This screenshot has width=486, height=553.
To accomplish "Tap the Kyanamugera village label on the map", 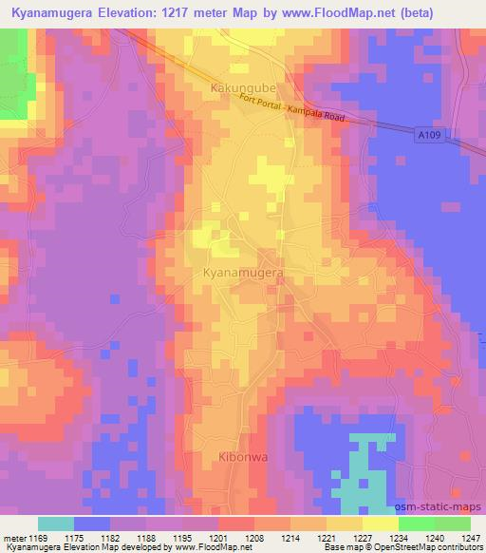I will pyautogui.click(x=243, y=273).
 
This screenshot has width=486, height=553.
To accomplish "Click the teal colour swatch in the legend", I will pyautogui.click(x=56, y=524).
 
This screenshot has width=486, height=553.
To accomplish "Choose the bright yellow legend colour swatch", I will pyautogui.click(x=380, y=524).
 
